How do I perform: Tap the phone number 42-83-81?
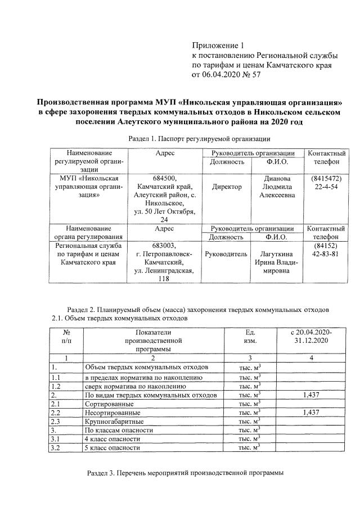[x=325, y=254]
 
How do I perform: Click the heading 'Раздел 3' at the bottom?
[x=186, y=472]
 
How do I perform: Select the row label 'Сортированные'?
[x=109, y=404]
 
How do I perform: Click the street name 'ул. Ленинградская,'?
[x=164, y=271]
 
